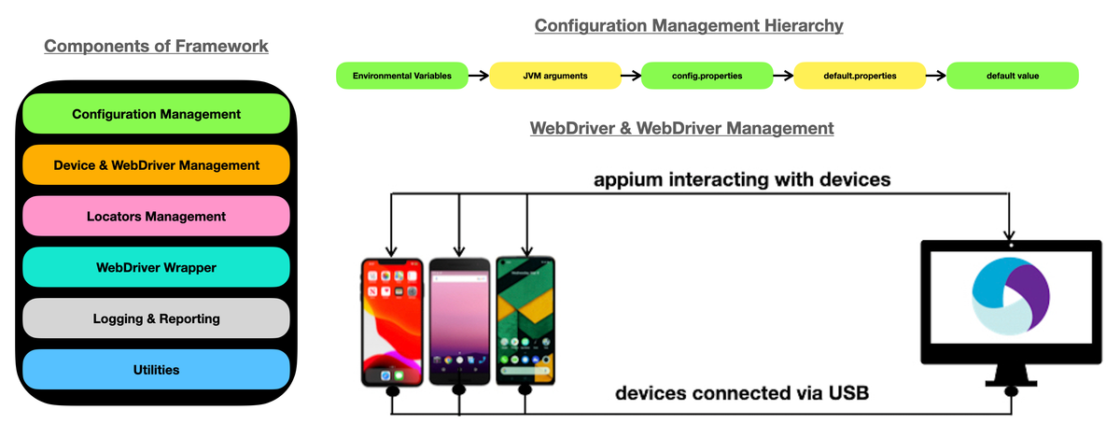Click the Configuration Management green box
pos(156,114)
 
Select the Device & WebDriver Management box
pos(156,165)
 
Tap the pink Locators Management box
pos(156,217)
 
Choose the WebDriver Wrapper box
pos(156,268)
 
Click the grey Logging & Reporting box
pos(156,318)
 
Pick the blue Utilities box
pos(156,370)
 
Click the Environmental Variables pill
pos(401,76)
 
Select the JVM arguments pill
pos(554,76)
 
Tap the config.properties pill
pos(707,76)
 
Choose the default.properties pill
pos(860,76)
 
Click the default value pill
pos(1012,76)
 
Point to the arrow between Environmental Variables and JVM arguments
pos(478,76)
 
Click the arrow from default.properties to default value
pos(935,76)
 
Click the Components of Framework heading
pos(156,46)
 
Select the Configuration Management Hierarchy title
pos(688,26)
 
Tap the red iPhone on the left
pos(391,321)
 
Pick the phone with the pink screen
pos(458,321)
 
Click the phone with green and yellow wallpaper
pos(525,321)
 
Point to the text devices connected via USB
pos(741,393)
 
